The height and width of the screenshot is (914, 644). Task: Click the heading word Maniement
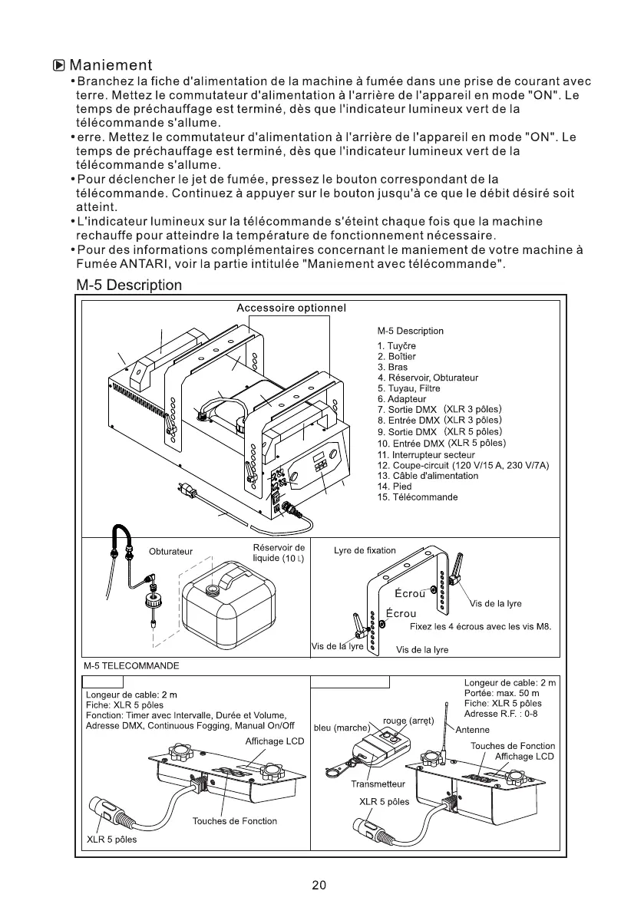(x=111, y=65)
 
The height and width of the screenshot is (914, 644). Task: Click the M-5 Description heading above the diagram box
(x=129, y=285)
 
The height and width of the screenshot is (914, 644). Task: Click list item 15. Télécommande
(x=417, y=497)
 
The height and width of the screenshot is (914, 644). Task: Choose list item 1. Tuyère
(x=396, y=346)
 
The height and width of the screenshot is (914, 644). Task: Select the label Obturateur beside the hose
(x=170, y=552)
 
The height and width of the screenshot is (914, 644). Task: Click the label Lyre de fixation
(x=365, y=550)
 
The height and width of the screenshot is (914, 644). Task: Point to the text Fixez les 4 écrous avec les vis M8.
(x=481, y=626)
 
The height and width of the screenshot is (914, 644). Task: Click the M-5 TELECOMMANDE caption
(x=130, y=666)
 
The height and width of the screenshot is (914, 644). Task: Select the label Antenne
(x=473, y=730)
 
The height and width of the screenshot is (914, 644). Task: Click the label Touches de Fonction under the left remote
(x=234, y=821)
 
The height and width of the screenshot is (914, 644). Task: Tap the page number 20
(x=320, y=884)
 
